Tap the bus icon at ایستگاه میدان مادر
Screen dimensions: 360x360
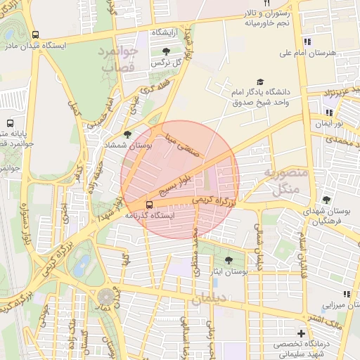[x=36, y=34]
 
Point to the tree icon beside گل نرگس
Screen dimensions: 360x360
[x=165, y=51]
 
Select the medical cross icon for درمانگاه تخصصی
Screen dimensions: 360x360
[x=301, y=333]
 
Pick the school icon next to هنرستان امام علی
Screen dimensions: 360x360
[x=307, y=41]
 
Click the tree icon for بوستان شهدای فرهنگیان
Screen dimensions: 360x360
[x=325, y=200]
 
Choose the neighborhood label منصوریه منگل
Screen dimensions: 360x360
[x=282, y=181]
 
